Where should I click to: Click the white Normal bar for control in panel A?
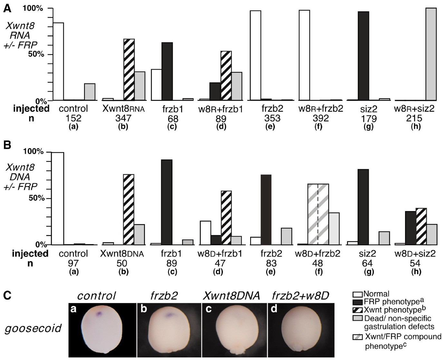[58, 61]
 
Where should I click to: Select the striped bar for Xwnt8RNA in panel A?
[129, 69]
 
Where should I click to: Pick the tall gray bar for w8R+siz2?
[431, 54]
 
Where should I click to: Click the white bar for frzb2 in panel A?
[255, 55]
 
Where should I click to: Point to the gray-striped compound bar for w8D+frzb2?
[318, 214]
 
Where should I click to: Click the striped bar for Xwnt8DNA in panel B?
[129, 209]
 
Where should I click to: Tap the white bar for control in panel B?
[58, 198]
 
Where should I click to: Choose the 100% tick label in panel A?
[33, 8]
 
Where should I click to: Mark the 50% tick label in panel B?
[36, 198]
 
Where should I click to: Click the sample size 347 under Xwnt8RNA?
[123, 118]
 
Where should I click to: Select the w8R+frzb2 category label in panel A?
[321, 109]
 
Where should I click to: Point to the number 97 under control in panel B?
[73, 263]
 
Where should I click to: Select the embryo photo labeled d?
[301, 330]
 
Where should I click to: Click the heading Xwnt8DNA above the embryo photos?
[231, 295]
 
